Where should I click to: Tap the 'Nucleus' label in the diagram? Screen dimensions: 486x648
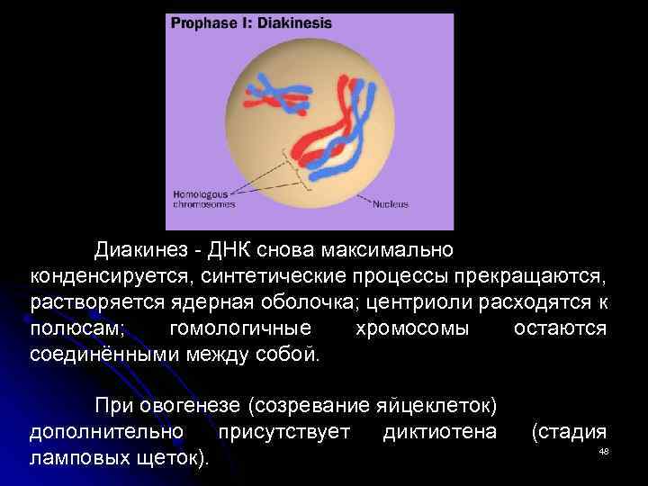[x=390, y=205]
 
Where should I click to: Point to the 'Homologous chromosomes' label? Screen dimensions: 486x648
[x=203, y=200]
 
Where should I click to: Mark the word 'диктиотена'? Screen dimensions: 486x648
[x=439, y=432]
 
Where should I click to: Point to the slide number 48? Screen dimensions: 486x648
[x=604, y=451]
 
